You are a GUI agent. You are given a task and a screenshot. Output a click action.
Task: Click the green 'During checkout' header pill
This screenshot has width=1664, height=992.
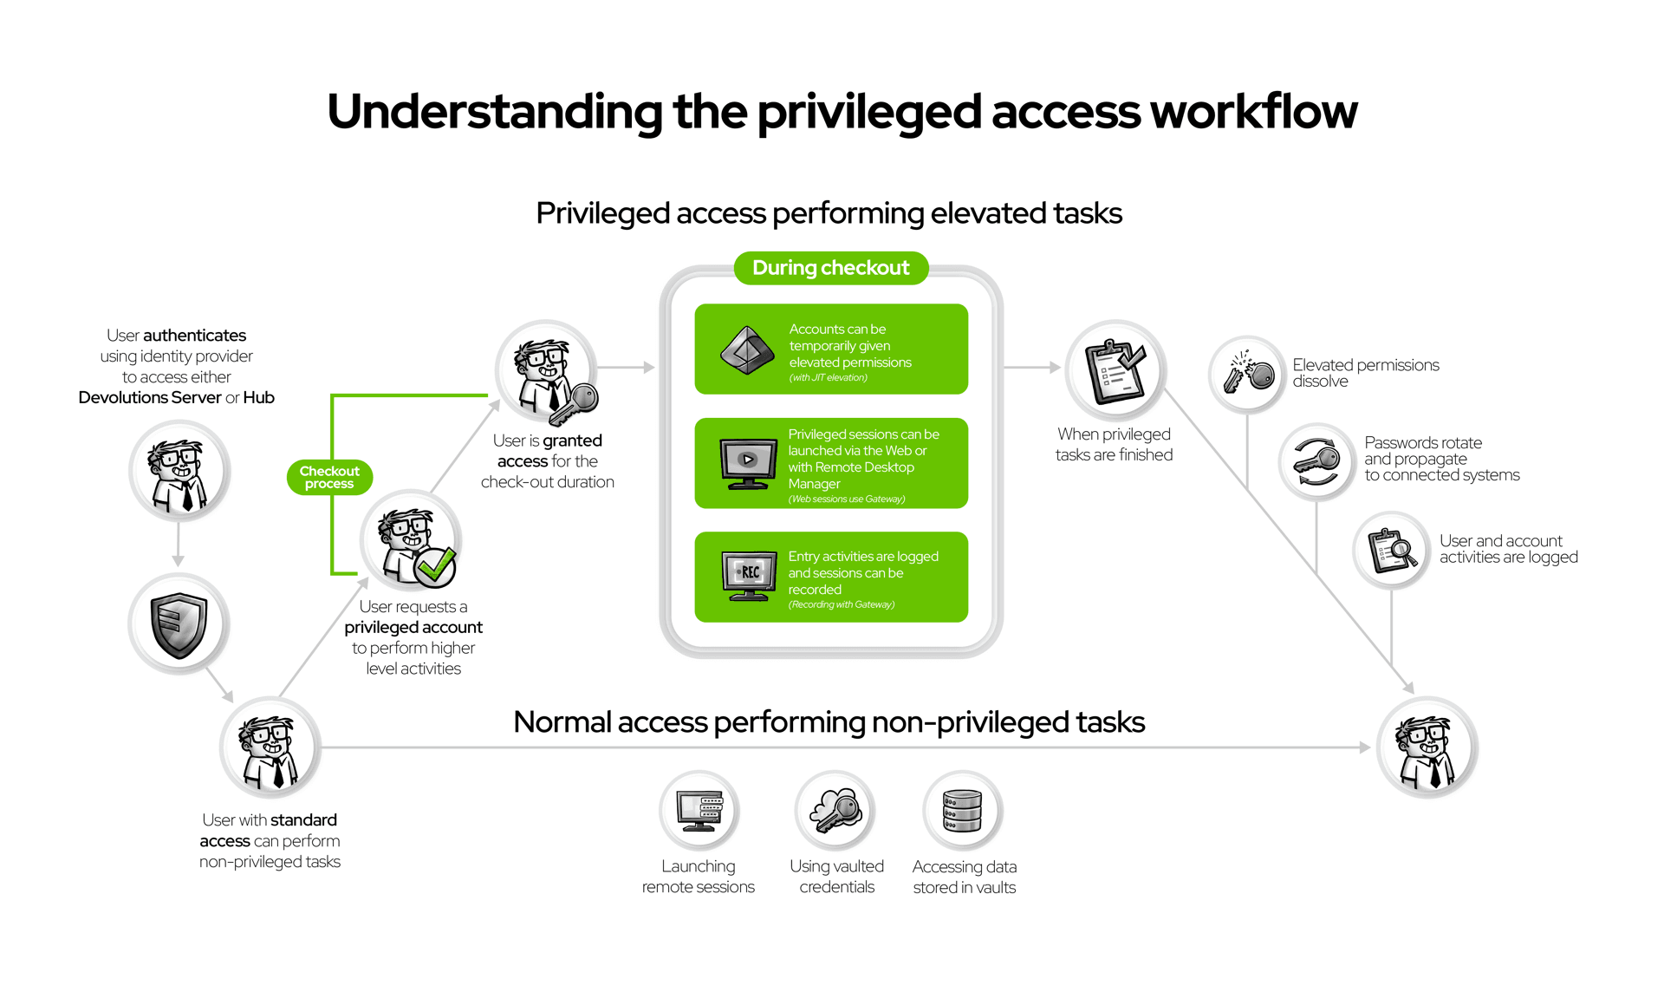click(x=830, y=268)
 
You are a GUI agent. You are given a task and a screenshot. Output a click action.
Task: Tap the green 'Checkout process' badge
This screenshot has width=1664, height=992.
click(x=329, y=477)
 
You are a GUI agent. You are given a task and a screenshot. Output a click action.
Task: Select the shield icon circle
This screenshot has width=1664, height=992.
click(x=179, y=624)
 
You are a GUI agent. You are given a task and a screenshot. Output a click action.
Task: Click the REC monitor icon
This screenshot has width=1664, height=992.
click(x=749, y=576)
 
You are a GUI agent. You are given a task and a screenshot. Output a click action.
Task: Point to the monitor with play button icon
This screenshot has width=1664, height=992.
click(x=748, y=462)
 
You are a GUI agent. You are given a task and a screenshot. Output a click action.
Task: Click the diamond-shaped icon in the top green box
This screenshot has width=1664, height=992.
click(x=747, y=350)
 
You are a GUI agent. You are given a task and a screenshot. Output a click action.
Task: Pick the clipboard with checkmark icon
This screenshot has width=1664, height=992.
click(x=1115, y=371)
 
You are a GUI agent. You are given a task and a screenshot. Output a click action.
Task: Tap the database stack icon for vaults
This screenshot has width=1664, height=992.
click(x=962, y=811)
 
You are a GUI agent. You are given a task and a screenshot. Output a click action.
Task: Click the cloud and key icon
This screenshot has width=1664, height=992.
click(x=835, y=811)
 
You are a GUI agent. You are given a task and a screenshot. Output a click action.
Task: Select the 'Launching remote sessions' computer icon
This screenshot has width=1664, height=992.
click(x=699, y=811)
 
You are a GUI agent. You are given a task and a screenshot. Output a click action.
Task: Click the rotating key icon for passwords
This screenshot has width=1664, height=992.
click(x=1316, y=461)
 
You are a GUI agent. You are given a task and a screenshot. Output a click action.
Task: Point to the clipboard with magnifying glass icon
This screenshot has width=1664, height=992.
click(x=1392, y=551)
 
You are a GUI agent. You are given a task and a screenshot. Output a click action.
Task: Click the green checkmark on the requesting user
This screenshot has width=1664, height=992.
click(x=434, y=567)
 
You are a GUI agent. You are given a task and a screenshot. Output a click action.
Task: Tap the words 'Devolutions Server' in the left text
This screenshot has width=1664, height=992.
click(x=149, y=398)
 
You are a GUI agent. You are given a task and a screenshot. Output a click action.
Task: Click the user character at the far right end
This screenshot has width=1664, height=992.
click(x=1427, y=748)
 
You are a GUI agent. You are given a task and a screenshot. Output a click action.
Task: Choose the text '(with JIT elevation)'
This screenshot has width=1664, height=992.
click(x=828, y=378)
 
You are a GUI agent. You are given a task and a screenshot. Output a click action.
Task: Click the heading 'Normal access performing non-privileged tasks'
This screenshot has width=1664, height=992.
click(x=829, y=721)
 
